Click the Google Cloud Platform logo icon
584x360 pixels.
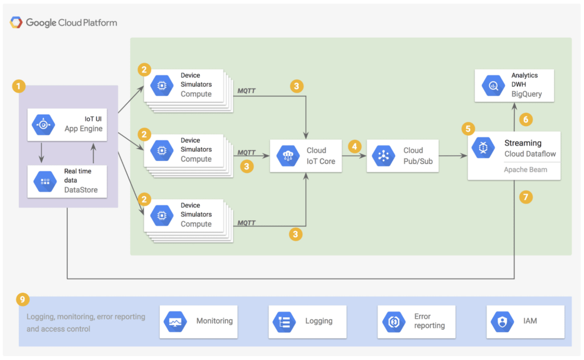(15, 22)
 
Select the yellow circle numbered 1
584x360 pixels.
(19, 86)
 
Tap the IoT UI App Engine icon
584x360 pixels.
(43, 125)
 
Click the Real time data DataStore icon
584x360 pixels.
(45, 181)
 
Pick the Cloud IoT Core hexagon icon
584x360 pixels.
(288, 156)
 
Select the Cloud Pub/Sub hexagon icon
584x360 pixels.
(384, 156)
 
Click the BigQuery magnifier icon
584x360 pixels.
(493, 86)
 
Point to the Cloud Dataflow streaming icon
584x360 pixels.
(483, 148)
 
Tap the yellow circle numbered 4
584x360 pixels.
(355, 147)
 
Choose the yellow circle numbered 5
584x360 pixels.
(468, 129)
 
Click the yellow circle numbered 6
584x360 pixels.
(526, 120)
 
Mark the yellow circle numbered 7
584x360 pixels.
(526, 197)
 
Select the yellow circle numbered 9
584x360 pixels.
(23, 300)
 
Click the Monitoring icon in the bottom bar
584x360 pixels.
(175, 322)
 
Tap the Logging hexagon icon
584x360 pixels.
(284, 322)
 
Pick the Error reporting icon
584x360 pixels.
(394, 322)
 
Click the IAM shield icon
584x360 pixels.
(502, 322)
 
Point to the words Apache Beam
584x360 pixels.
(525, 170)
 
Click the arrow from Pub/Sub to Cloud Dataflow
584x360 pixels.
(453, 156)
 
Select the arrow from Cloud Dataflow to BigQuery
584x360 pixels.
(514, 117)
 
